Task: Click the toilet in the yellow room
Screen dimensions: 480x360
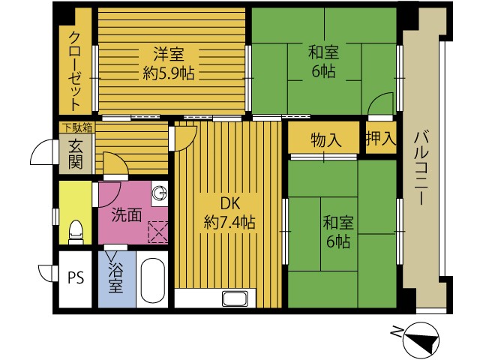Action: pos(76,232)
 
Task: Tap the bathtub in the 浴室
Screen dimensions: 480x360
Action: pos(152,280)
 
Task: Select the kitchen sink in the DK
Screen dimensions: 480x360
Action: pos(235,298)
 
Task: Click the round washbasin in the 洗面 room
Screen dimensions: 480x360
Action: pos(160,193)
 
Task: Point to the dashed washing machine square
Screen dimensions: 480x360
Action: pos(158,232)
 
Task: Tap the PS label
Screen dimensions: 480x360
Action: pos(76,278)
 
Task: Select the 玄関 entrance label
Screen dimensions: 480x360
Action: pos(75,154)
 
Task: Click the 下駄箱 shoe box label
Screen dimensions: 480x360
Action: pos(78,127)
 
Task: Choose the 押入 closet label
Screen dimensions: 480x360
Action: pos(381,138)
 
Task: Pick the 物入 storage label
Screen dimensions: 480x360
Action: pos(325,140)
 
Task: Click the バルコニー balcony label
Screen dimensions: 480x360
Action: pos(421,168)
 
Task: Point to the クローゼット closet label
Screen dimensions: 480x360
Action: pos(75,71)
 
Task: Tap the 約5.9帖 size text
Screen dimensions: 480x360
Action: pos(169,73)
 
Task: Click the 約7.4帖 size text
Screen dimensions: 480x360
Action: pos(229,222)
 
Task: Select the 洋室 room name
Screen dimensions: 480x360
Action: pos(169,54)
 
